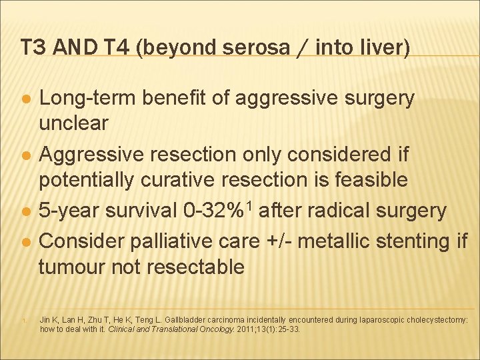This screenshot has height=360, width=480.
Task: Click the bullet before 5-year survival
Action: click(24, 211)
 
